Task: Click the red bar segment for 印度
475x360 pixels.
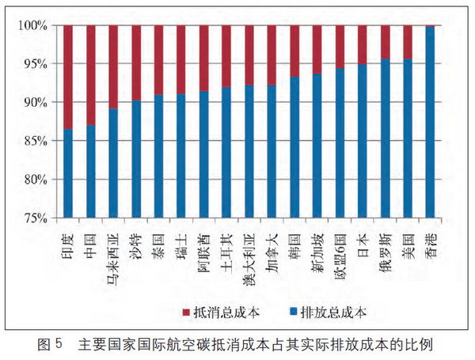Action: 67,77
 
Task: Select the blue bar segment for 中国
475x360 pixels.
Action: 90,170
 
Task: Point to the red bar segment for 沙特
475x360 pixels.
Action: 135,63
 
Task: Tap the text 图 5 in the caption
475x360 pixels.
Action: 52,345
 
